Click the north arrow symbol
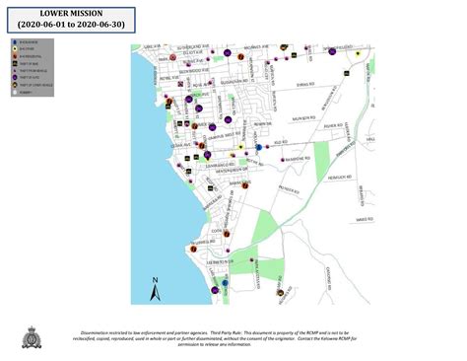[x=155, y=289]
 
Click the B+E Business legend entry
[x=29, y=43]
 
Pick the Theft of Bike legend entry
[x=29, y=65]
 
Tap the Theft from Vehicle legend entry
[x=31, y=72]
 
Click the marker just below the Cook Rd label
[x=227, y=235]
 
